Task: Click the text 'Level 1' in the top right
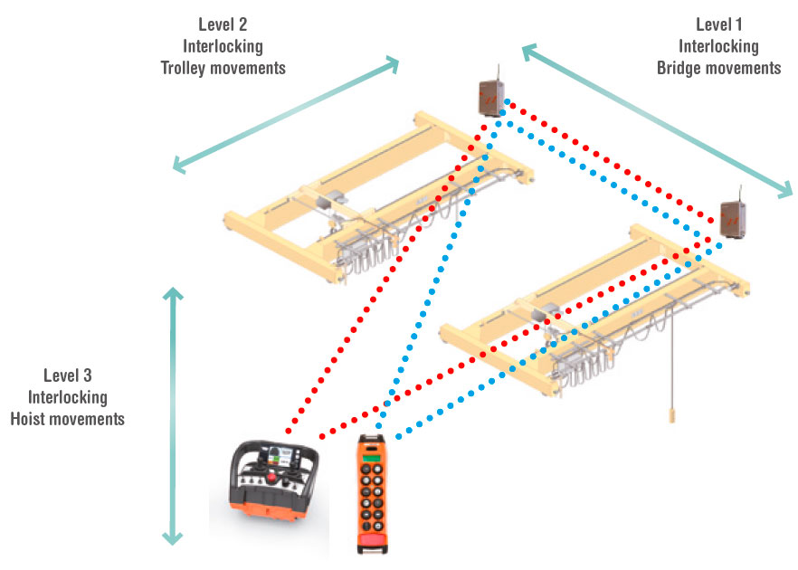[720, 24]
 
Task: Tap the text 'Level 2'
[223, 24]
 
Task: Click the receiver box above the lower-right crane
[732, 219]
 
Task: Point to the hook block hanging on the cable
[672, 414]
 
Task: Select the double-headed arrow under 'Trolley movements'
[286, 114]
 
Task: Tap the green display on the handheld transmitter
[371, 463]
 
